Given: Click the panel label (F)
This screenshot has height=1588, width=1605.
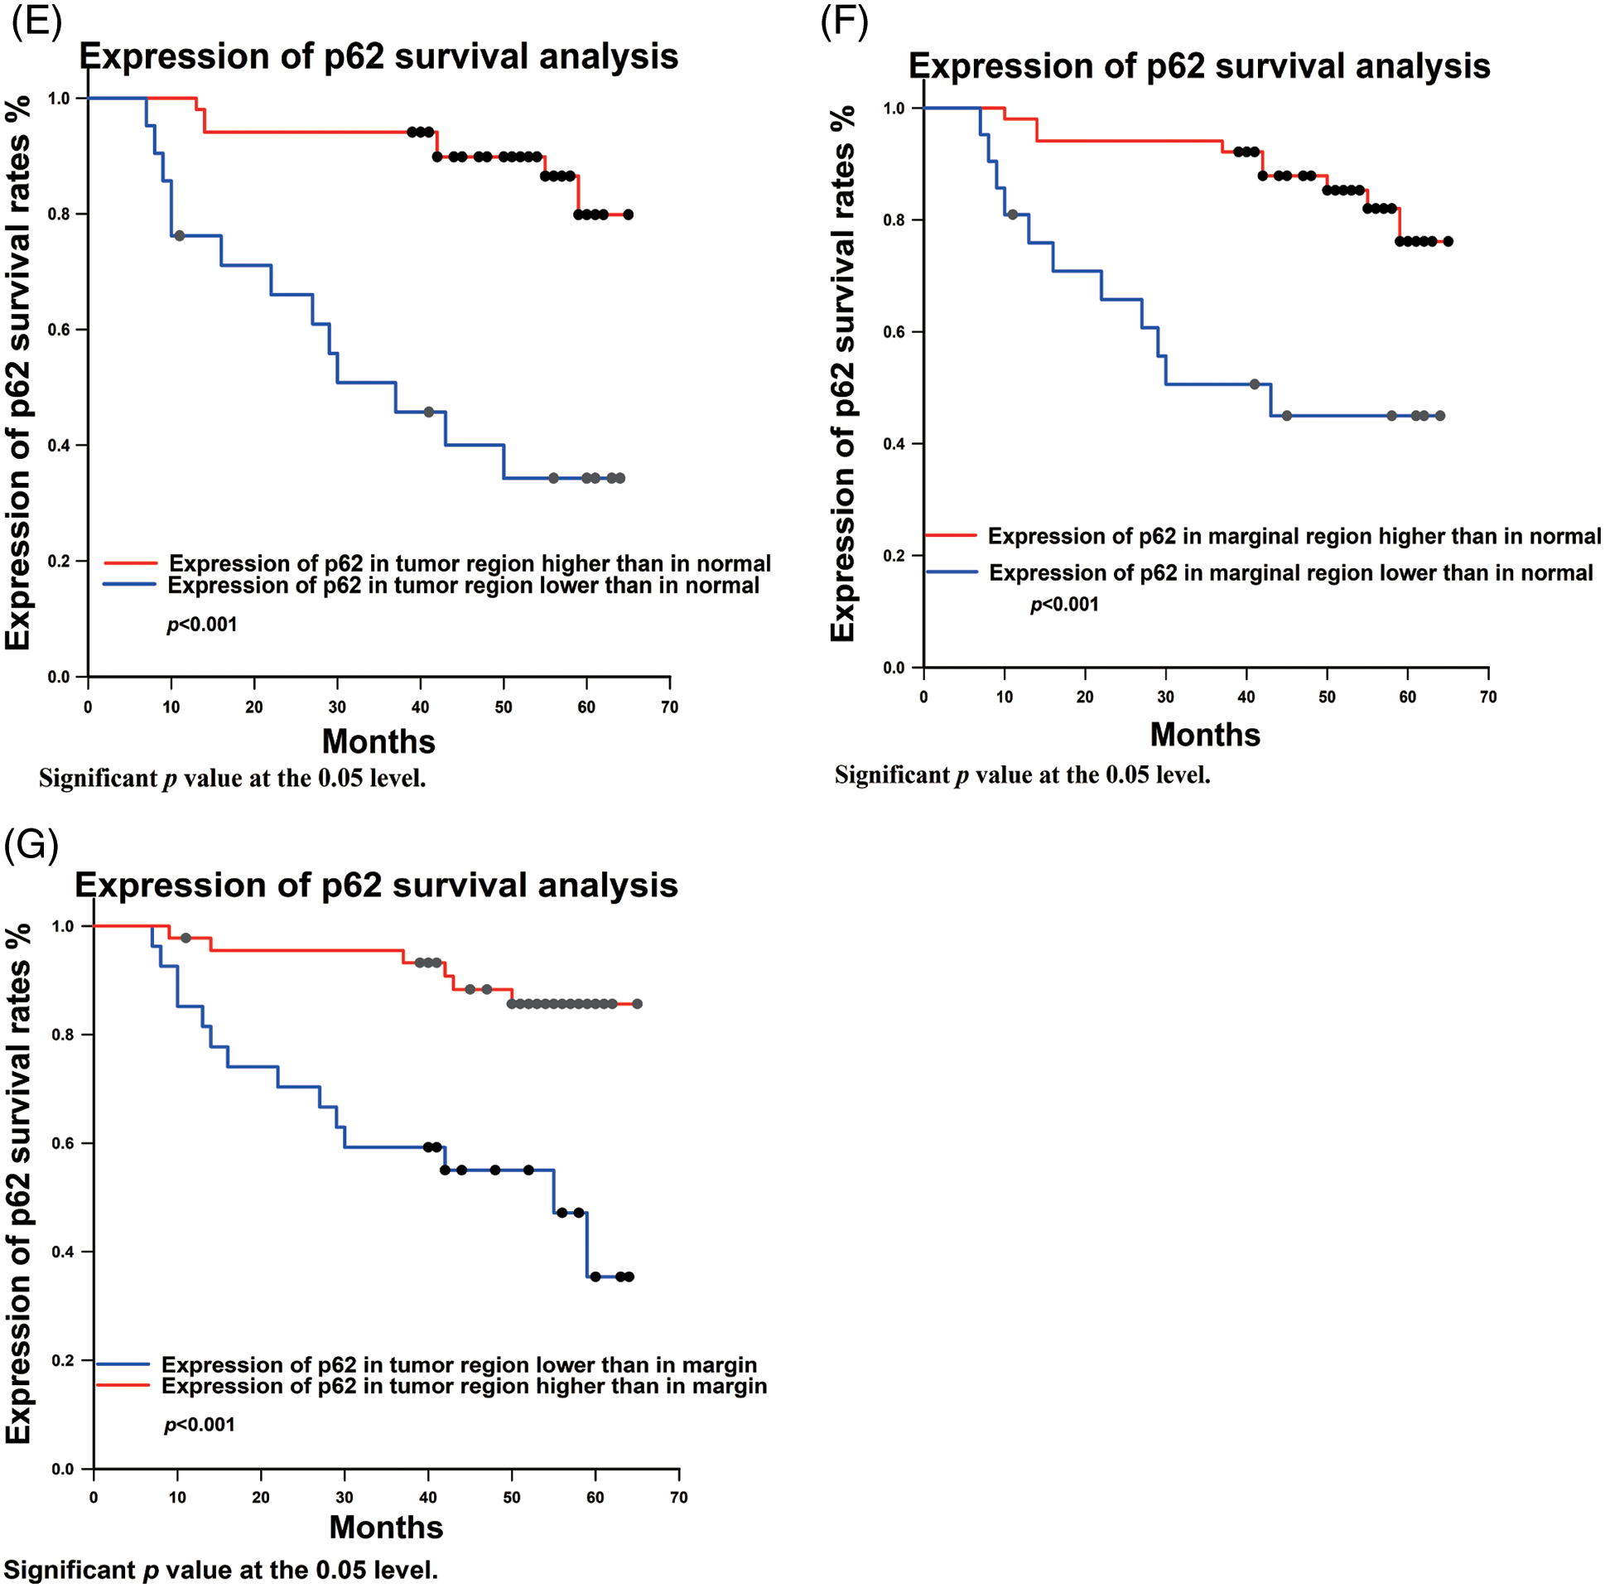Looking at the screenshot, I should [x=844, y=22].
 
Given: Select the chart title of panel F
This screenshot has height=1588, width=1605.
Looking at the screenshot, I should [x=1198, y=66].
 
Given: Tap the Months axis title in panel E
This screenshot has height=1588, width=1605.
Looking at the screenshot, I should [x=378, y=741].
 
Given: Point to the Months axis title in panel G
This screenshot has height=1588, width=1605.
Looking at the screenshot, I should [x=385, y=1527].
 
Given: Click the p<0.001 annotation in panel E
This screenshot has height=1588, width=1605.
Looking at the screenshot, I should [x=202, y=624].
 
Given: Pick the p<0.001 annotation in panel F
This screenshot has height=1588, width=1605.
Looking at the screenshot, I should [x=1064, y=604].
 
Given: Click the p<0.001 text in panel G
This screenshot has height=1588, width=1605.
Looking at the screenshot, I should [x=200, y=1424].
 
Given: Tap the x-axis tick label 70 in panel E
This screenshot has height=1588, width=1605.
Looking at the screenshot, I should [x=669, y=707].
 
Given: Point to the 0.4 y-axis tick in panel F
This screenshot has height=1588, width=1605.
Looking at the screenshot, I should [x=894, y=444].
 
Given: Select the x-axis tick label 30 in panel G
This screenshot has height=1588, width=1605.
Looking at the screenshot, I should [x=344, y=1497].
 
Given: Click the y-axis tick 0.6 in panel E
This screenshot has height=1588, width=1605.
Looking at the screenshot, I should [x=58, y=330].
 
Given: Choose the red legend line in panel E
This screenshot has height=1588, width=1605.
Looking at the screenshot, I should [x=130, y=563].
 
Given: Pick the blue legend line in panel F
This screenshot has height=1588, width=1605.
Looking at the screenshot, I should [x=952, y=572].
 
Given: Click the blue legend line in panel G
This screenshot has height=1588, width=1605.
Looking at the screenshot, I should [x=123, y=1364].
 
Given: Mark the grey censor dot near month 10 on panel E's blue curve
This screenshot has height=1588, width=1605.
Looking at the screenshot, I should [x=180, y=236].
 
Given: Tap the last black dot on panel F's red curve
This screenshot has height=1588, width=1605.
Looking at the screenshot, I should [x=1448, y=242].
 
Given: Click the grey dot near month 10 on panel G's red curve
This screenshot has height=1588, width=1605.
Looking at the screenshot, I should [x=186, y=939].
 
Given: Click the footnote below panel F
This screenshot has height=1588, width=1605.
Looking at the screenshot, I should [x=1022, y=775].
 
